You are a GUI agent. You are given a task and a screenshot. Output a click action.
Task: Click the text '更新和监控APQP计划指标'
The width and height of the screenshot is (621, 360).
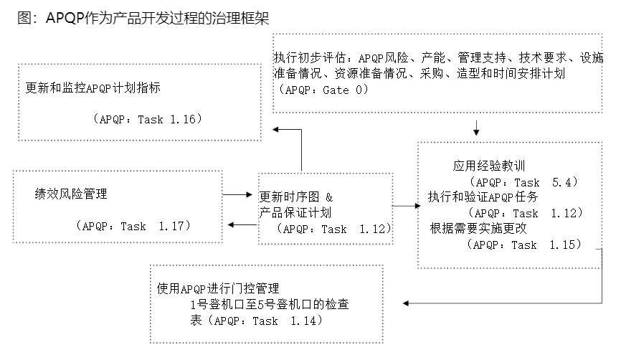[93, 89]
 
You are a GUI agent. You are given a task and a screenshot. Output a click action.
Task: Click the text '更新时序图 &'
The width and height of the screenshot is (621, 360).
[297, 196]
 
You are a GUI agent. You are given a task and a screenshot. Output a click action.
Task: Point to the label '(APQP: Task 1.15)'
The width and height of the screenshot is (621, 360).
[523, 245]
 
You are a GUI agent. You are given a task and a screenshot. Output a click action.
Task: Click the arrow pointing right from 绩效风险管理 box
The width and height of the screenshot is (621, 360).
[235, 194]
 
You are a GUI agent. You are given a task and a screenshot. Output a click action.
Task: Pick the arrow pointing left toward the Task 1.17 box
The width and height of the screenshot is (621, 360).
[237, 224]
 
